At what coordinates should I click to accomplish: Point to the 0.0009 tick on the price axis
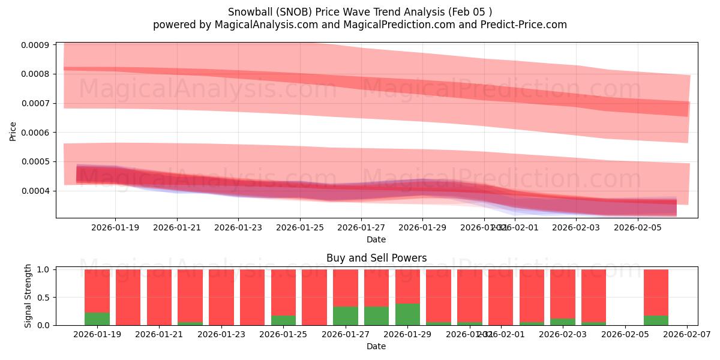(x=35, y=45)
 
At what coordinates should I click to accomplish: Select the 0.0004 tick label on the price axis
(x=35, y=191)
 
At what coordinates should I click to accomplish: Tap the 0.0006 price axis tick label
(x=35, y=133)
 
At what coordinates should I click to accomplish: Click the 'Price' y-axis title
(x=13, y=130)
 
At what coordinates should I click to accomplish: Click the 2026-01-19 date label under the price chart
(x=115, y=227)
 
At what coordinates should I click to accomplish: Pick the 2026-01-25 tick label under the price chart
(x=300, y=227)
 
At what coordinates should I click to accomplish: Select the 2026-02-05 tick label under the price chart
(x=637, y=227)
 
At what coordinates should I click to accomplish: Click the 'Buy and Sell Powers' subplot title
(x=376, y=258)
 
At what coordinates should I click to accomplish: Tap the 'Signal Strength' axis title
(x=28, y=296)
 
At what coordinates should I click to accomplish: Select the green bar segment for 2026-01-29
(x=407, y=314)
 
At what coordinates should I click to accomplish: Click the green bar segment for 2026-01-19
(x=97, y=319)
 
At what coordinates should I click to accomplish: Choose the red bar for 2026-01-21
(x=159, y=297)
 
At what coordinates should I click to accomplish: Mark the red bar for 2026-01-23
(x=221, y=297)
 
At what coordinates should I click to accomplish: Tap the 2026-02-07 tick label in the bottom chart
(x=687, y=335)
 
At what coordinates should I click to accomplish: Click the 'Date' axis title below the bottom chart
(x=376, y=346)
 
